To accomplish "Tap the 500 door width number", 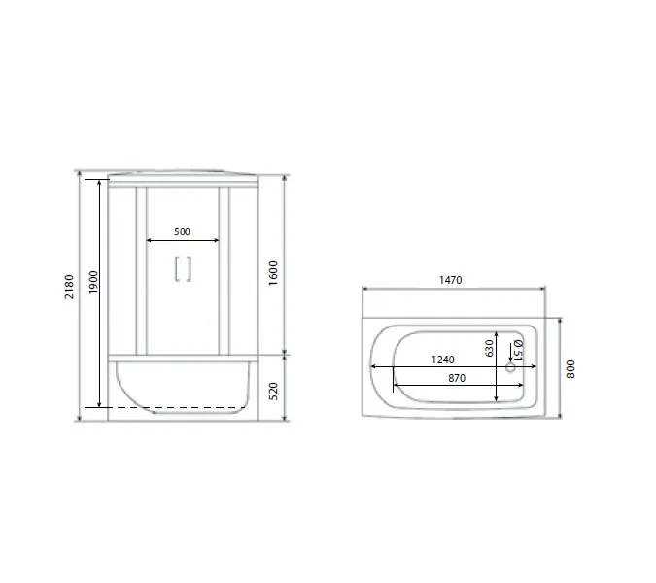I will pos(182,231).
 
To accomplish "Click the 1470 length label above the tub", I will pos(449,279).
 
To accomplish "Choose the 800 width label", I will pos(571,369).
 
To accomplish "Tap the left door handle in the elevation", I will pos(176,268).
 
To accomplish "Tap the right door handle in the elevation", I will pos(189,268).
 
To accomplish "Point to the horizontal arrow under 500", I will pos(182,240).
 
